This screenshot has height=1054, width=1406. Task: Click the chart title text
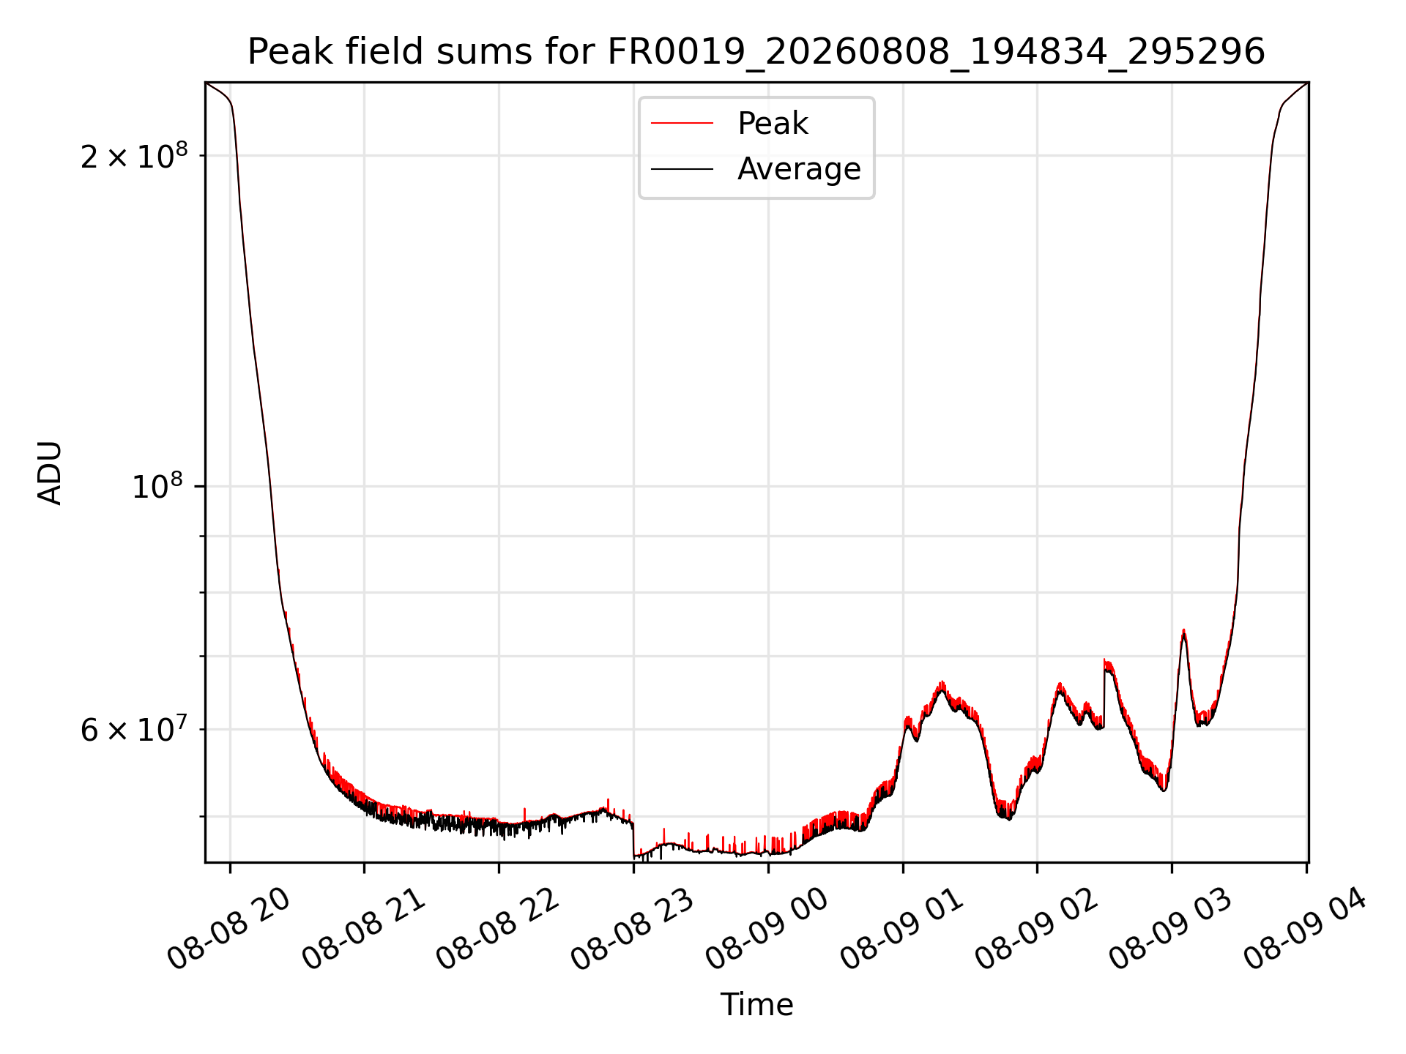(x=756, y=52)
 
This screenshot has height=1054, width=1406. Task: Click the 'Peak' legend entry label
(x=773, y=124)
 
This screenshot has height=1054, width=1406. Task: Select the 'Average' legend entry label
(x=799, y=169)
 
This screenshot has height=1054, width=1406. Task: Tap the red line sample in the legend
(x=682, y=123)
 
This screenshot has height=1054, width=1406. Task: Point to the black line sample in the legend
(x=682, y=169)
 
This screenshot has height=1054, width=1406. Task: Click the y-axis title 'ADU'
(x=50, y=473)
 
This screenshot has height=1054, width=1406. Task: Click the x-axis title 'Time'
(x=756, y=1005)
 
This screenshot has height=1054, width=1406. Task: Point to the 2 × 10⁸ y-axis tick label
(x=134, y=156)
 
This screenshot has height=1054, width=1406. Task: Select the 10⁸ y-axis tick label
(x=160, y=487)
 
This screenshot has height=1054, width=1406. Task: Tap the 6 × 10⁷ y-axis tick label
(x=134, y=730)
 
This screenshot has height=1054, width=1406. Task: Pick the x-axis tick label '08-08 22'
(x=499, y=930)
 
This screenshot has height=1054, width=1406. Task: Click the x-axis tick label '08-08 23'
(x=633, y=930)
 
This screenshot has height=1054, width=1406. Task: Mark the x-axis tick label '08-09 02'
(x=1037, y=930)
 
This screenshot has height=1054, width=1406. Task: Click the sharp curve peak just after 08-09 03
(x=1183, y=630)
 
